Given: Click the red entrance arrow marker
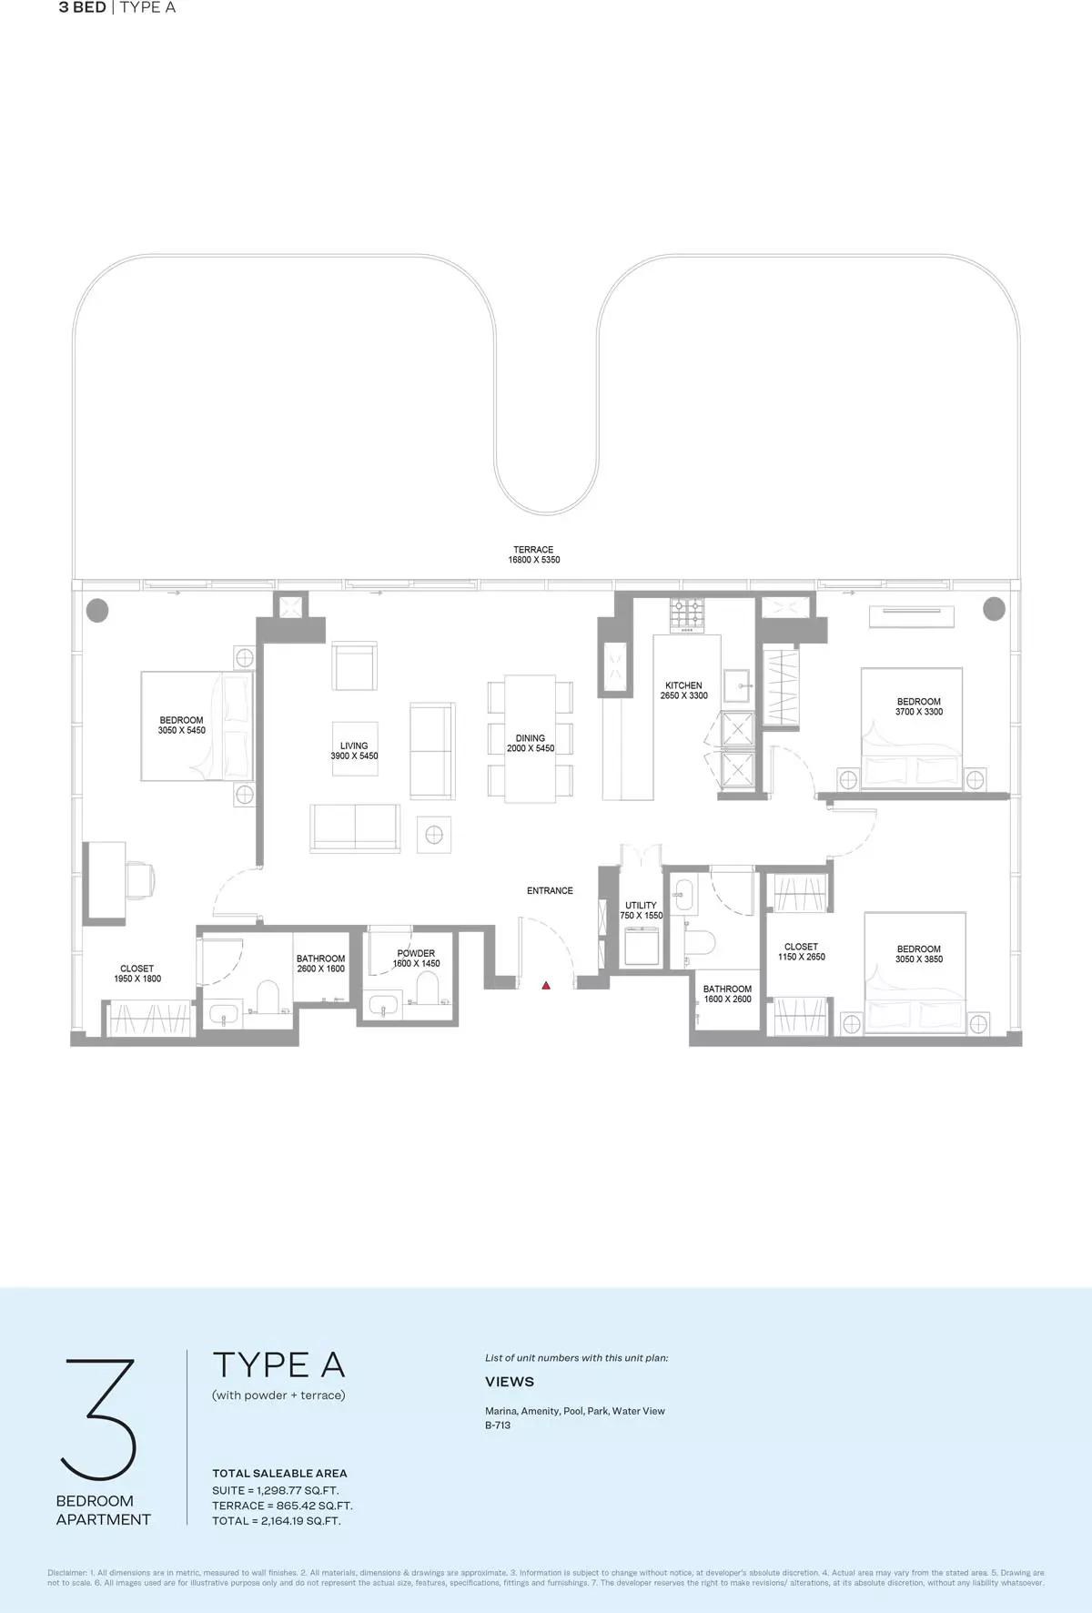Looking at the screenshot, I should tap(546, 985).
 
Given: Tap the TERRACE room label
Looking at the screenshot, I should tap(533, 550).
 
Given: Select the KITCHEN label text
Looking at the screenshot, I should tap(683, 685).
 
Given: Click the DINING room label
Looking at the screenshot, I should tap(531, 738).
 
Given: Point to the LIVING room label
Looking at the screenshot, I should tap(354, 746).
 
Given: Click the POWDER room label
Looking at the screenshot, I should tap(416, 953).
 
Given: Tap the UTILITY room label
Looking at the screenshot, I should tap(641, 906).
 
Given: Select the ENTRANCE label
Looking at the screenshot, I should tap(550, 890).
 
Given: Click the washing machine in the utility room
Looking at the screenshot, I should tap(642, 947).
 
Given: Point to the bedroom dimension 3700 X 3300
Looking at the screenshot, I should tap(919, 712).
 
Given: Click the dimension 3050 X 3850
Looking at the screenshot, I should tap(919, 959).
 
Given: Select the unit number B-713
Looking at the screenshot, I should tap(498, 1425).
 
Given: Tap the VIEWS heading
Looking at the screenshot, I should tap(510, 1382).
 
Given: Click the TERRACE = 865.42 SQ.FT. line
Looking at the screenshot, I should tap(282, 1506).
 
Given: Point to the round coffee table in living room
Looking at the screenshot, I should tap(434, 834).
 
